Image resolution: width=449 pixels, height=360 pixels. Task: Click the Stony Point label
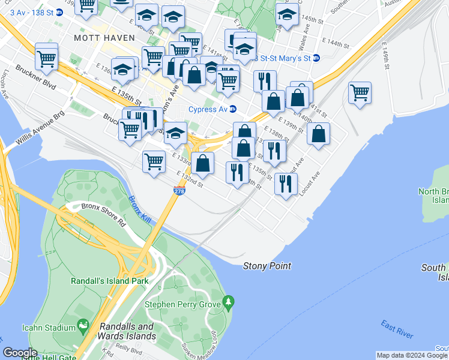pos(267,266)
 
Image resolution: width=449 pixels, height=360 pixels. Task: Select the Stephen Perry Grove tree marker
pos(228,300)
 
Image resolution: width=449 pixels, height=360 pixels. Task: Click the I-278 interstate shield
pos(179,191)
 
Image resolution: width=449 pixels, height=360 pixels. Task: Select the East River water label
pos(397,329)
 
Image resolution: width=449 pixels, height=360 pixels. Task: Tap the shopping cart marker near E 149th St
pos(360,93)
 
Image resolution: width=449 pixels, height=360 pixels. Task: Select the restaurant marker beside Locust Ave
pos(286,182)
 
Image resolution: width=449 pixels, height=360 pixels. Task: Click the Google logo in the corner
pos(20,353)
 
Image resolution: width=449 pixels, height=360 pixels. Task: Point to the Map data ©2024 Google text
pos(412,355)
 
